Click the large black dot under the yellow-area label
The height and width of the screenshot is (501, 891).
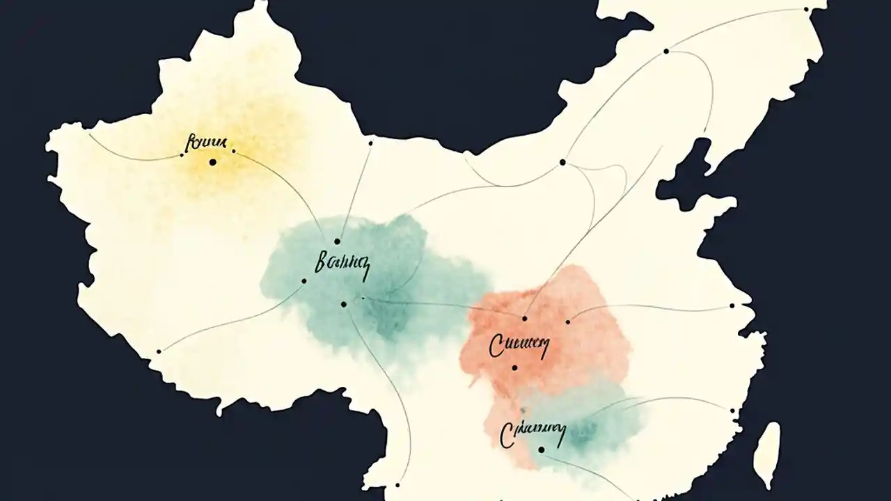[212, 162]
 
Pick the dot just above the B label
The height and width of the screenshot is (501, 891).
[337, 241]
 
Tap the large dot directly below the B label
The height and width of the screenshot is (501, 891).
[343, 304]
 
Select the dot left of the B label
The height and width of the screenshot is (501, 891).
[303, 281]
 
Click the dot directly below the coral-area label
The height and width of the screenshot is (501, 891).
[514, 368]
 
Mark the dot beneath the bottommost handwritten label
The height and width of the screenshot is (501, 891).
[541, 450]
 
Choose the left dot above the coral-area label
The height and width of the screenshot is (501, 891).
[524, 319]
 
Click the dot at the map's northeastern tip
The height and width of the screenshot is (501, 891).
[806, 9]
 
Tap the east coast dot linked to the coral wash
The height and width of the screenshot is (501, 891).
[732, 305]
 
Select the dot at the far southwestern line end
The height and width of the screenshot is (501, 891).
[159, 351]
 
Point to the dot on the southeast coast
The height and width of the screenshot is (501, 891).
[732, 411]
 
